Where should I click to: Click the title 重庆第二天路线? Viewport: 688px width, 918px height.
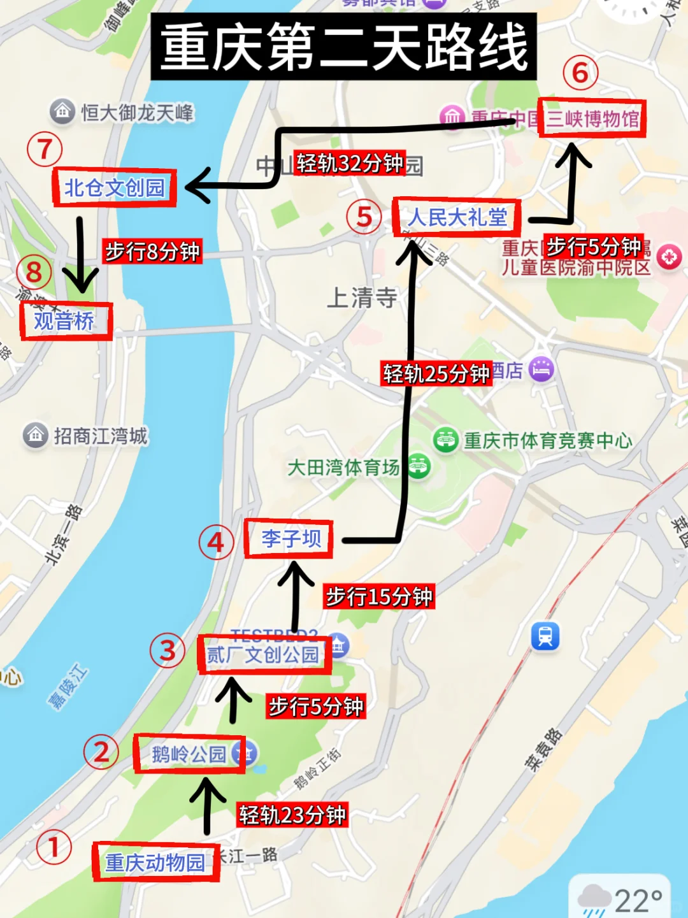[343, 47]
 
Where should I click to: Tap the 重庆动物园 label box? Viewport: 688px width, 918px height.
[156, 862]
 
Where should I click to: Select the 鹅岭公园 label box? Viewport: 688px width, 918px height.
[189, 754]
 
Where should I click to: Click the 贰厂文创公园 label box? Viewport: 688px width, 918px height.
[264, 654]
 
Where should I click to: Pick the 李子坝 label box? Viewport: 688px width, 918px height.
[289, 539]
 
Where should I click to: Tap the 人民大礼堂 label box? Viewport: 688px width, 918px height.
[457, 217]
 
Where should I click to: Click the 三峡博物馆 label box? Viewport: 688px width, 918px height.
[592, 118]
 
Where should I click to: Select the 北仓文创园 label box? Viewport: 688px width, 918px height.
[114, 187]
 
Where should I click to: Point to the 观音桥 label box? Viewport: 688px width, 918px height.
[65, 320]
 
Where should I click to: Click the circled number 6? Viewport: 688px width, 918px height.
[580, 73]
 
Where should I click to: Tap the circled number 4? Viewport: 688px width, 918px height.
[216, 542]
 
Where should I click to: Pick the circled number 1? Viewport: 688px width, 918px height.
[54, 847]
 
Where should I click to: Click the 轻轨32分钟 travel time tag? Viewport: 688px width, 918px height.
[350, 163]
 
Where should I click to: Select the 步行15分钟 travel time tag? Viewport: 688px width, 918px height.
[379, 596]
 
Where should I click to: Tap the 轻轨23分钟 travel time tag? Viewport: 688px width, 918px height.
[292, 814]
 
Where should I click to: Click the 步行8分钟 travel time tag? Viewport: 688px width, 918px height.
[152, 251]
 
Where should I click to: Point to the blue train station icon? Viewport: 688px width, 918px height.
[545, 636]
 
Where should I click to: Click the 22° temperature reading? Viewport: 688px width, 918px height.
[638, 901]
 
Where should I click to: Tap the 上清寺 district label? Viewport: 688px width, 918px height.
[362, 297]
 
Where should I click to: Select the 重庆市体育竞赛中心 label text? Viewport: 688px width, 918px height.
[548, 440]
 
